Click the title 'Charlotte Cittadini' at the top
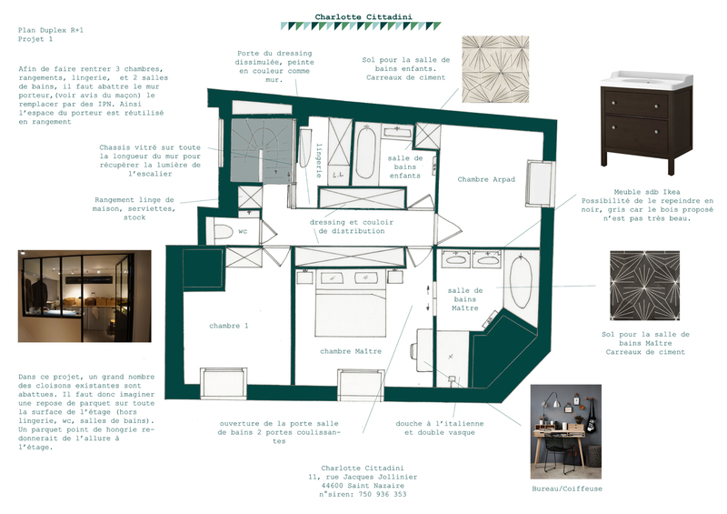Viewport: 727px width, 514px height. coord(363,17)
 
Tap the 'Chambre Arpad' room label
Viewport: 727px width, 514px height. coord(486,179)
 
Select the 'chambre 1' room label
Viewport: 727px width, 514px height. coord(229,326)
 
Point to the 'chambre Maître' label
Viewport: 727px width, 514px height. coord(351,351)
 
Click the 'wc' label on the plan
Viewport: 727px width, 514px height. coord(243,231)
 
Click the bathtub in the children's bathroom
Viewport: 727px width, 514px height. coord(366,153)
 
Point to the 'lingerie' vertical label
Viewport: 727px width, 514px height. coord(319,160)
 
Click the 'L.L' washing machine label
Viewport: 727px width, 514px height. coord(337,176)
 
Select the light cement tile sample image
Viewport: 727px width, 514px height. coord(495,69)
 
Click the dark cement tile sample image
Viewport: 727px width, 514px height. coord(644,286)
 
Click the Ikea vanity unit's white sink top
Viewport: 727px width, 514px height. coord(647,80)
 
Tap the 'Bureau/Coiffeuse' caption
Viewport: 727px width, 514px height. coord(567,489)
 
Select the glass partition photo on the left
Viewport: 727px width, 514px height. coord(85,297)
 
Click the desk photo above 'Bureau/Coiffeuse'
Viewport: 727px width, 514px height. coord(565,431)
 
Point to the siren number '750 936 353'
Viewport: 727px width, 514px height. coord(382,495)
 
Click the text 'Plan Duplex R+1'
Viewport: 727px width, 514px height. coord(51,30)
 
